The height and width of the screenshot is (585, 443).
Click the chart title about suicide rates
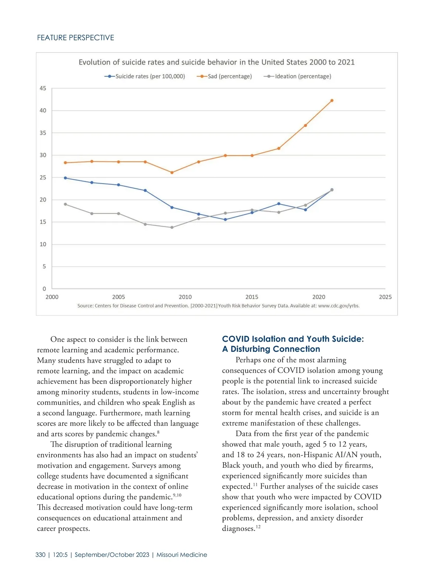pos(216,62)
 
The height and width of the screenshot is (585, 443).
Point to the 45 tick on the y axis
pos(43,88)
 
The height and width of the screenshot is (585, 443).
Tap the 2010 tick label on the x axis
pos(185,297)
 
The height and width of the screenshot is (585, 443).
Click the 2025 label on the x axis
pos(385,297)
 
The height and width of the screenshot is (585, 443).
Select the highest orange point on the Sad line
pos(332,101)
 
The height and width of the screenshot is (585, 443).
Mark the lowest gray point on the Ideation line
pos(172,227)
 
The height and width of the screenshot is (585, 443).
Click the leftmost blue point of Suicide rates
pos(65,178)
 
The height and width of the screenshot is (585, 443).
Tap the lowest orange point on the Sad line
pos(172,173)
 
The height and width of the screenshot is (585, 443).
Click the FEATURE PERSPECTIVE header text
pos(76,38)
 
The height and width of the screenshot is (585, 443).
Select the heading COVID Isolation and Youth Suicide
pos(293,344)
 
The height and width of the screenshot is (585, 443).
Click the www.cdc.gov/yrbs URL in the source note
pos(339,306)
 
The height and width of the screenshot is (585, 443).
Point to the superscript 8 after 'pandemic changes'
pos(158,432)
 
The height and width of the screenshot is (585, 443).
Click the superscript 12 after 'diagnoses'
pos(258,527)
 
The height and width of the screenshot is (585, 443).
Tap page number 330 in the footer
pos(41,555)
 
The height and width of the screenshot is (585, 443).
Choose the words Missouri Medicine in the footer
pos(182,555)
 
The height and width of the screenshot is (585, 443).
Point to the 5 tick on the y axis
pos(44,267)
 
